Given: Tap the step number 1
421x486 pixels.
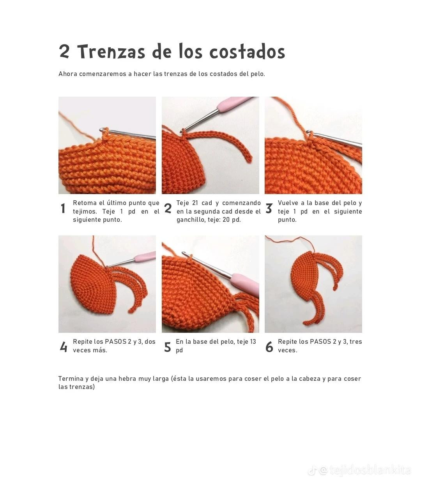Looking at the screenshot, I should (63, 209).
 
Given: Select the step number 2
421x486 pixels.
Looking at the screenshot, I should (168, 209).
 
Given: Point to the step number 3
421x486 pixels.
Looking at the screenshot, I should (269, 209).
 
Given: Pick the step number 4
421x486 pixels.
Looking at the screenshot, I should (63, 346).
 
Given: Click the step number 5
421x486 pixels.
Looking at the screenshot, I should (168, 346).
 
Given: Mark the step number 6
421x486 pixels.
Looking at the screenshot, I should (269, 346).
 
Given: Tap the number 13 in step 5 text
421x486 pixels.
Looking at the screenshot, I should (252, 342).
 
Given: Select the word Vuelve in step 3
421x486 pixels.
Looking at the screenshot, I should (288, 203).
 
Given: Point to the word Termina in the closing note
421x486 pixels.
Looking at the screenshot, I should (71, 379).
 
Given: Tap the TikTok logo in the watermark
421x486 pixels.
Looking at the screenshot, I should (312, 471).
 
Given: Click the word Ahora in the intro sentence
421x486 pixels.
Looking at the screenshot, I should (68, 74).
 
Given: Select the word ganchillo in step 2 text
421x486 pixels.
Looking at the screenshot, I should (189, 220).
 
